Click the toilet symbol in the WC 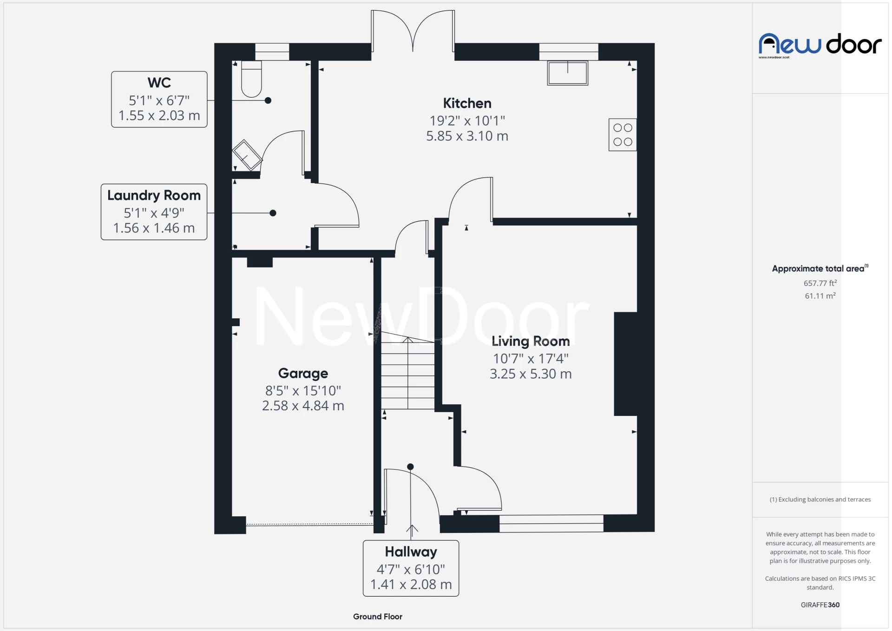[251, 79]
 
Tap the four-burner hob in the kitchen [623, 135]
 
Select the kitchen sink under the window [567, 73]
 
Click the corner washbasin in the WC [247, 155]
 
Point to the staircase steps [407, 374]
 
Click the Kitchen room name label [467, 103]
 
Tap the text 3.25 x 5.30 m [531, 374]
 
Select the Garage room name [303, 373]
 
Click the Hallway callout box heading [411, 552]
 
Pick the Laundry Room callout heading [154, 195]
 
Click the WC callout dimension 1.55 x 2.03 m [159, 116]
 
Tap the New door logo [820, 45]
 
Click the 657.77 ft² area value [820, 283]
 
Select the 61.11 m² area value [820, 296]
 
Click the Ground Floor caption [377, 617]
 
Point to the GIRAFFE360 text [820, 605]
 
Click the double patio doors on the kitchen [413, 33]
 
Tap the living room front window [551, 523]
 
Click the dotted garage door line [309, 524]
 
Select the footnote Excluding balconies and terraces [820, 500]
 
